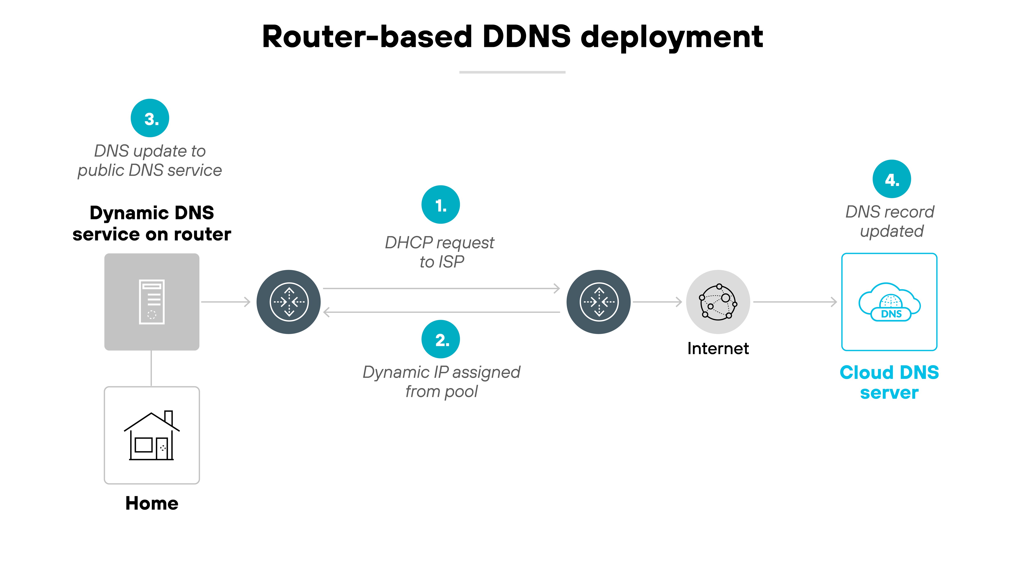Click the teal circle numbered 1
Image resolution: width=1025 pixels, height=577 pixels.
(441, 205)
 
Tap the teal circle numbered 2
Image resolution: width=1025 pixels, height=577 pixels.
(441, 339)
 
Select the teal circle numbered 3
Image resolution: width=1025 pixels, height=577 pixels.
(150, 118)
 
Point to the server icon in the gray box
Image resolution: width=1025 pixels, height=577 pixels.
(152, 302)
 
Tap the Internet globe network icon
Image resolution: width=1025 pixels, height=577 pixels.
(718, 302)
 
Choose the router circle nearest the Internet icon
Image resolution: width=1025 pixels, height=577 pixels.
(598, 302)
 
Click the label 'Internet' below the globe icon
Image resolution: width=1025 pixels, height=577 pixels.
(718, 348)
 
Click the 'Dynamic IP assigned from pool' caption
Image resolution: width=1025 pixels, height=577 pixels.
(441, 382)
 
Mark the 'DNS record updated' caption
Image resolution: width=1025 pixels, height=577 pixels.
(890, 221)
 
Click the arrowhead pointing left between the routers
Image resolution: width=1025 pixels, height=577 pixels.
(327, 312)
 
